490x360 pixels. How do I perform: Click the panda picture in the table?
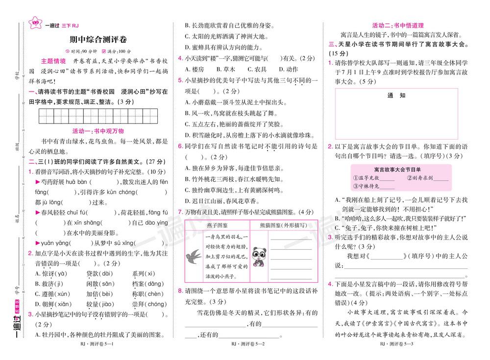click(x=258, y=256)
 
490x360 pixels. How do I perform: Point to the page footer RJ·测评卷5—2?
click(x=247, y=345)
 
